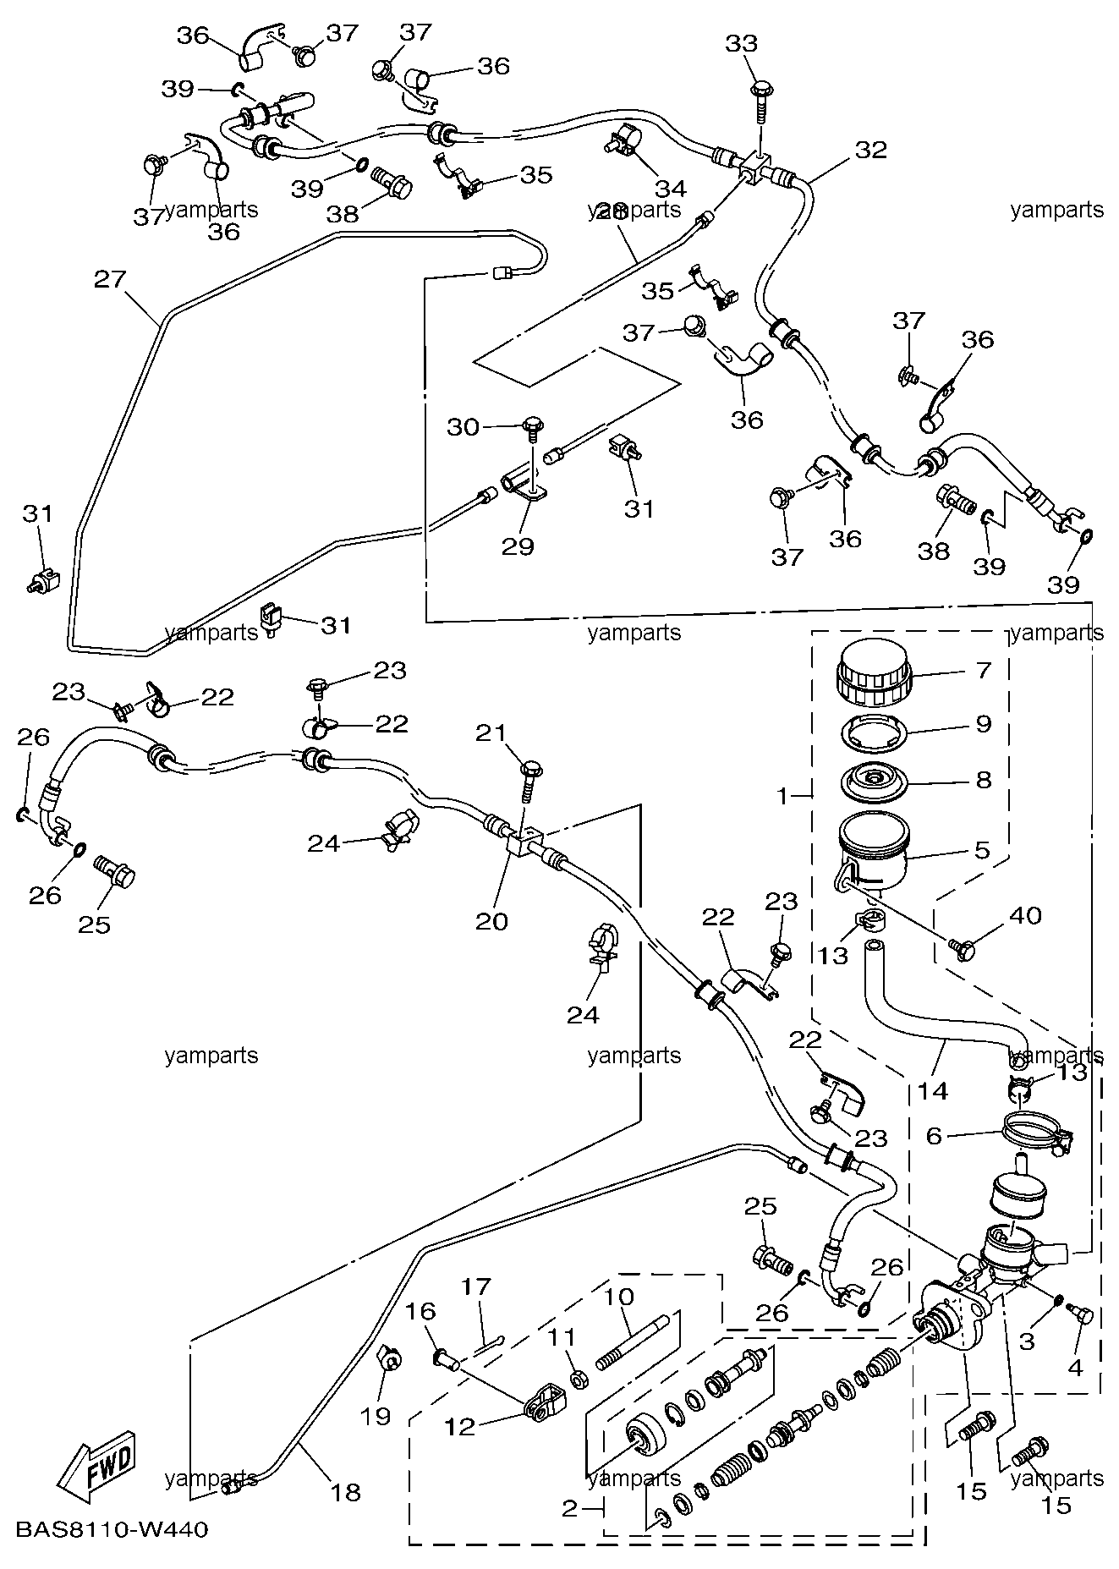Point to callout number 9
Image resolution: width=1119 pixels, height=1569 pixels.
[983, 724]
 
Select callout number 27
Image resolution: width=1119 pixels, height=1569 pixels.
[110, 279]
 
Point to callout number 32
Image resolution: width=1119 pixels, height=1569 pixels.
[871, 150]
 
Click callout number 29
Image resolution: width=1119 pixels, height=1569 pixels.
[518, 546]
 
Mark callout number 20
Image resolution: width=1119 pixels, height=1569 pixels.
[491, 920]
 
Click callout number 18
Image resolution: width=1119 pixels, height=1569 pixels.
[347, 1492]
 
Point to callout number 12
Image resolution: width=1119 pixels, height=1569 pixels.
[460, 1426]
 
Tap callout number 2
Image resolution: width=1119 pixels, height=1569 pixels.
[569, 1508]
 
